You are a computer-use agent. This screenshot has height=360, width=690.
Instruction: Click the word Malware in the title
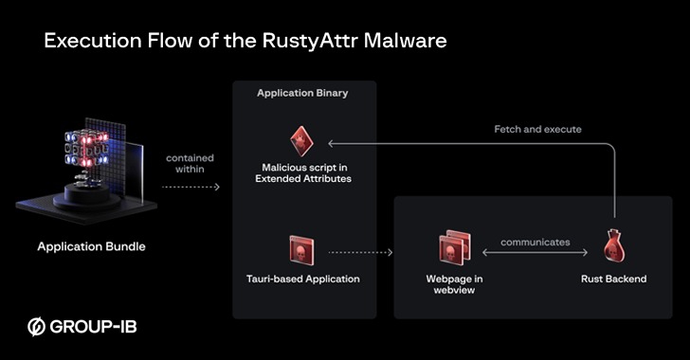pos(407,42)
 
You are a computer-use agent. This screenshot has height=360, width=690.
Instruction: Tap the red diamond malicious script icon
pos(300,140)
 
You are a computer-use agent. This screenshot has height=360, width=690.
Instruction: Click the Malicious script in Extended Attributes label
pos(300,173)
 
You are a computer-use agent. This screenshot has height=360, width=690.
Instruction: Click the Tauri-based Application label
pos(302,279)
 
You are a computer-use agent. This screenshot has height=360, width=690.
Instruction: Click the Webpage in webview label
pos(455,285)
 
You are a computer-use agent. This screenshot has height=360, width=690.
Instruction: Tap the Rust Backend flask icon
pos(613,249)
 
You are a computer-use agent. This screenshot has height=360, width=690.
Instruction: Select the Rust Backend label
pos(613,279)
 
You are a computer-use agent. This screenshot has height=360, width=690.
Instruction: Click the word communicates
pos(536,242)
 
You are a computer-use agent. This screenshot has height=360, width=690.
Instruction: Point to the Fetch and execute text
pos(537,129)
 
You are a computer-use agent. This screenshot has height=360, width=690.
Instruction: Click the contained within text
pos(189,165)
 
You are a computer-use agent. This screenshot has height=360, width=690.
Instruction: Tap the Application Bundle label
pos(91,247)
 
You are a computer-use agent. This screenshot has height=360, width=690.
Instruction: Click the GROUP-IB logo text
pos(94,327)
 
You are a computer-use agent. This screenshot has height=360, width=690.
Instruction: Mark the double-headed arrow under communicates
pos(535,253)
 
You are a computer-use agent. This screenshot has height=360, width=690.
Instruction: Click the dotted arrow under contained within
pos(189,187)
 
